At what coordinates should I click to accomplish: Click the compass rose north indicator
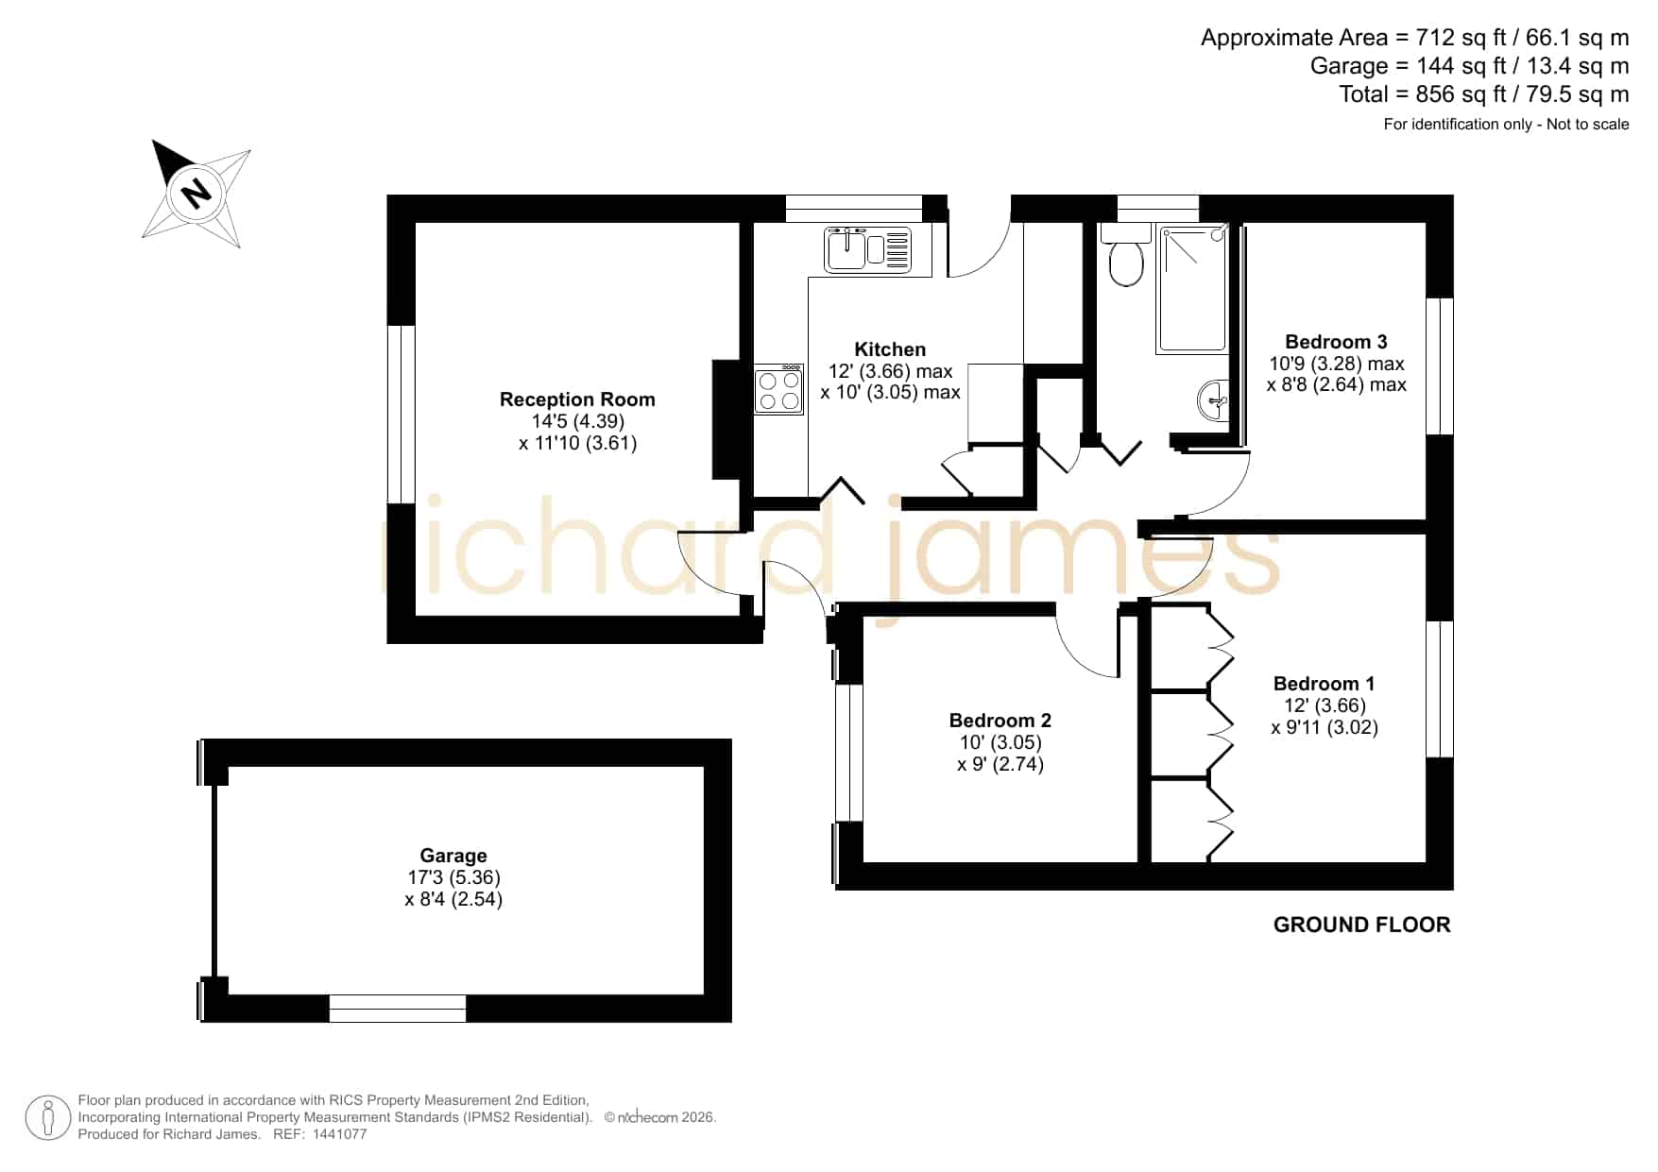click(x=196, y=194)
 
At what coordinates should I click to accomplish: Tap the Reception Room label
click(x=577, y=399)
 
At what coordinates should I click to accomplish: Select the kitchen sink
click(x=867, y=250)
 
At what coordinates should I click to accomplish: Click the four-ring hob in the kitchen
click(x=779, y=390)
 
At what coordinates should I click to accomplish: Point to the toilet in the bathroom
click(x=1125, y=256)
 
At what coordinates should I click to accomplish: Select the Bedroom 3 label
click(x=1336, y=342)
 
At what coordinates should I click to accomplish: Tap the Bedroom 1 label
click(x=1324, y=684)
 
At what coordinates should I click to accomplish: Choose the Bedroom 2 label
click(x=1000, y=721)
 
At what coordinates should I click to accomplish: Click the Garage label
click(x=453, y=856)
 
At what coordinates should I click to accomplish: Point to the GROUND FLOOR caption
click(x=1361, y=925)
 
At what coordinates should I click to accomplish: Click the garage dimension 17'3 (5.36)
click(x=453, y=877)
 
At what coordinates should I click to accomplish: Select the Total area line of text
click(x=1484, y=94)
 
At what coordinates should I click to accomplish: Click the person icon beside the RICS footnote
click(x=48, y=1118)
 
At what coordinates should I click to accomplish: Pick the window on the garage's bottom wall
click(x=398, y=1009)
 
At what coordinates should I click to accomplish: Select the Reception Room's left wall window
click(x=402, y=415)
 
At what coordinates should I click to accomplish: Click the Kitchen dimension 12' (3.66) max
click(x=891, y=371)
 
